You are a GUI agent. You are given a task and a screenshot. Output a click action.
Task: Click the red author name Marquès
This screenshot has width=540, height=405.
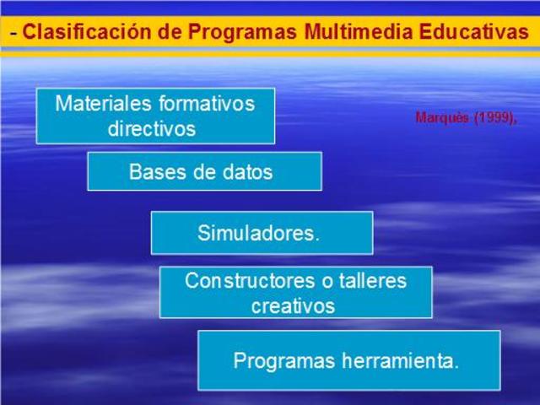[x=439, y=118]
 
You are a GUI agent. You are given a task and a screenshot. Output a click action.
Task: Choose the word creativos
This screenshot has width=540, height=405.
[x=293, y=305]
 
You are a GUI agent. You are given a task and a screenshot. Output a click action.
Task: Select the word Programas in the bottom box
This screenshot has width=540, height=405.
[x=283, y=361]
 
